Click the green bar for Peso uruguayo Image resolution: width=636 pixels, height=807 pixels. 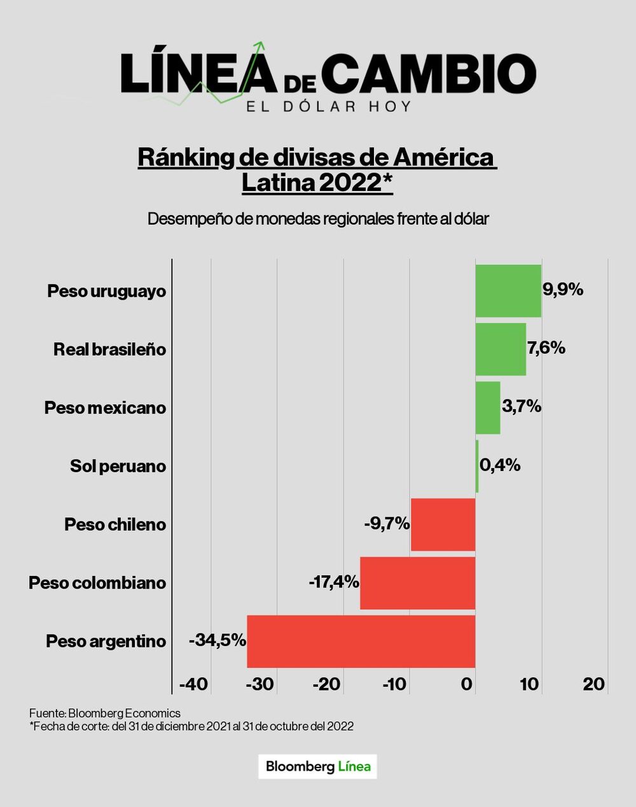tap(508, 291)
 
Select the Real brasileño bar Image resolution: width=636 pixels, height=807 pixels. tap(501, 349)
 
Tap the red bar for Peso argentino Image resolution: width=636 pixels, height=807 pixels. tap(361, 641)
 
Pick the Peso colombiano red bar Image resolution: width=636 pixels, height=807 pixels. tap(417, 583)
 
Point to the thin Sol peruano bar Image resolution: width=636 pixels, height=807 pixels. tap(477, 466)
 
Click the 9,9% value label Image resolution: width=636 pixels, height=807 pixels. tap(563, 290)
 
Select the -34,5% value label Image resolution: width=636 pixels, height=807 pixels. tap(218, 640)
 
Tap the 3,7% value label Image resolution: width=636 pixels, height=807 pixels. tap(522, 407)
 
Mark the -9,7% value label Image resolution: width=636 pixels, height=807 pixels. tap(387, 524)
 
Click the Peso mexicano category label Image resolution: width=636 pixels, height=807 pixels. tap(105, 408)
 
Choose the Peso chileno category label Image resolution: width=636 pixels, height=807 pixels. tap(115, 525)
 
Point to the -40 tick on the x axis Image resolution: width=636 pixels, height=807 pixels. tap(193, 685)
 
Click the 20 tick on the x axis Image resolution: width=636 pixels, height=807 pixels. tap(593, 685)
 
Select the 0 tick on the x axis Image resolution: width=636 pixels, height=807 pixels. tap(467, 685)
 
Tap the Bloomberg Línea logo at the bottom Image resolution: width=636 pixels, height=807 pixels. tap(317, 766)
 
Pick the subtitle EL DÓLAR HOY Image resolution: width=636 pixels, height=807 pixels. tap(329, 106)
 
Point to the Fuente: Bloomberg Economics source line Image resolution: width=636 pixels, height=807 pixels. tap(105, 713)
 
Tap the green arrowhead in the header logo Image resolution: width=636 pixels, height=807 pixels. tap(260, 46)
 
